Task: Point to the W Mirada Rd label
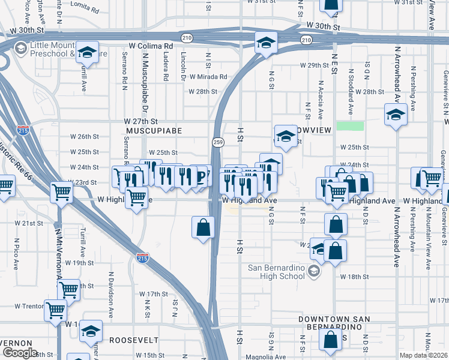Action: (208, 77)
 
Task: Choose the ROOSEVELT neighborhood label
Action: (133, 340)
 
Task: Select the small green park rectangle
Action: (350, 126)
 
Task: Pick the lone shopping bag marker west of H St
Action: (203, 227)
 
